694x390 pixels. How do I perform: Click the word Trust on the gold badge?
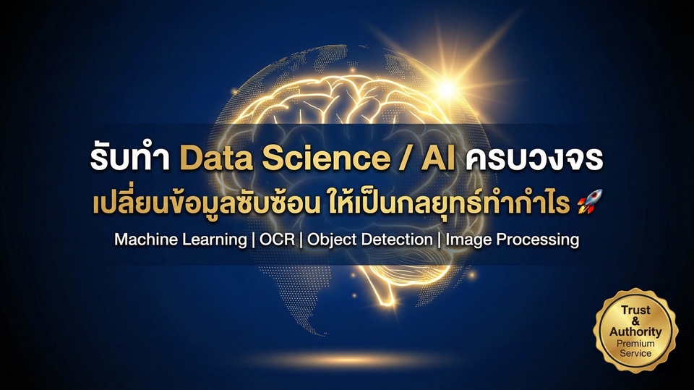click(635, 310)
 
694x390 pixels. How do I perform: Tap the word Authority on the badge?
click(635, 331)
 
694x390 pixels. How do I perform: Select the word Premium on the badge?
click(635, 343)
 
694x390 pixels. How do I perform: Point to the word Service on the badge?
click(635, 353)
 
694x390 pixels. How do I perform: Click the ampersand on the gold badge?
click(635, 320)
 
